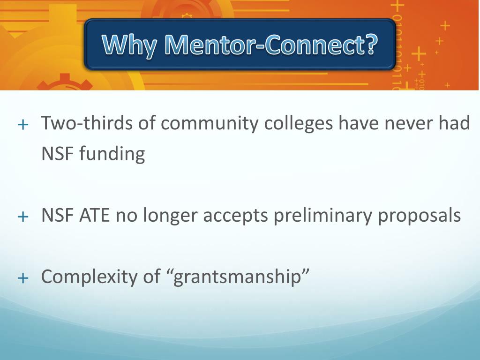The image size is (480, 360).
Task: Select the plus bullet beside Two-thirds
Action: click(x=22, y=125)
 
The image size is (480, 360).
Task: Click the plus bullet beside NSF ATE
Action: click(x=22, y=217)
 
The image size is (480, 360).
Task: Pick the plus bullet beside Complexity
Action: click(x=22, y=278)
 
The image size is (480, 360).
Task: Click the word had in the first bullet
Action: click(x=454, y=124)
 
